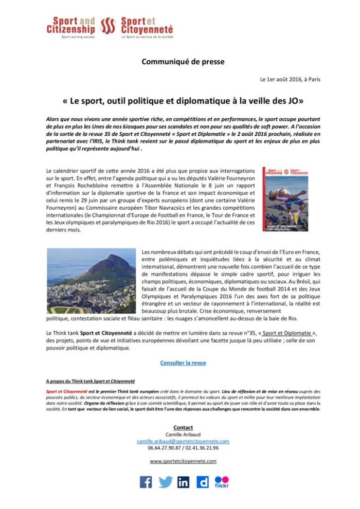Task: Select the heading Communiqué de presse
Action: click(x=183, y=62)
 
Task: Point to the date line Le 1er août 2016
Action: click(x=290, y=80)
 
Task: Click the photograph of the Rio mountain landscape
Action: click(x=91, y=281)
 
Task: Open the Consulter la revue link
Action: click(x=183, y=362)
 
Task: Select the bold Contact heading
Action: click(x=183, y=428)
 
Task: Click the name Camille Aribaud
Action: click(x=183, y=434)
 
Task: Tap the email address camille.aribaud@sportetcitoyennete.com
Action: click(x=183, y=441)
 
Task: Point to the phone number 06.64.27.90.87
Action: click(x=165, y=448)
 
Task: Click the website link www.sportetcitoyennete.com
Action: click(x=183, y=461)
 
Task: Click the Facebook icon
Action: click(x=146, y=482)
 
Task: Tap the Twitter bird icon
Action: click(x=165, y=482)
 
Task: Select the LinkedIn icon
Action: click(x=184, y=482)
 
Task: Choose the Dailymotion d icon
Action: click(x=203, y=482)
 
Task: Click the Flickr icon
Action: click(x=222, y=482)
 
